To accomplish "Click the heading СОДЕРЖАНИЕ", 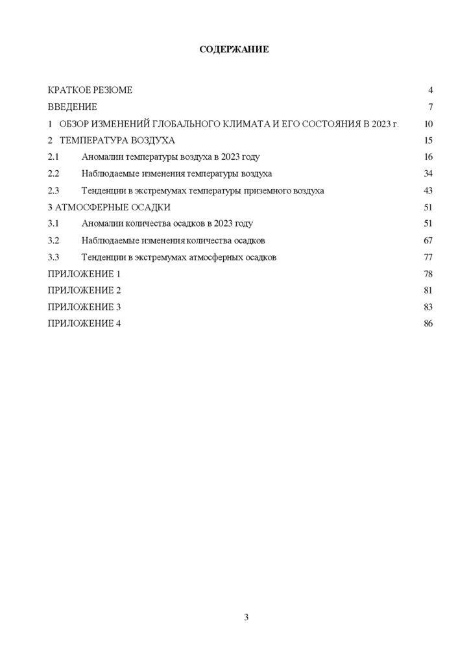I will click(x=234, y=49).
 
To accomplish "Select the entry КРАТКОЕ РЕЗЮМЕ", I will click(x=90, y=90).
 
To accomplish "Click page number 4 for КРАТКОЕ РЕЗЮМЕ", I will click(x=430, y=90).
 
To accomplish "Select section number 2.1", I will click(x=54, y=157).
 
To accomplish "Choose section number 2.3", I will click(x=54, y=191).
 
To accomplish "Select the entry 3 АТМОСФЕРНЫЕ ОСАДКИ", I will click(x=110, y=207).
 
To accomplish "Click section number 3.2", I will click(x=54, y=240).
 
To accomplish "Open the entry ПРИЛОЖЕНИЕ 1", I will click(x=84, y=274).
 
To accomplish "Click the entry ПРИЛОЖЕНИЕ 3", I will click(x=84, y=307).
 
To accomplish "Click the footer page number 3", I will click(x=247, y=617).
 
